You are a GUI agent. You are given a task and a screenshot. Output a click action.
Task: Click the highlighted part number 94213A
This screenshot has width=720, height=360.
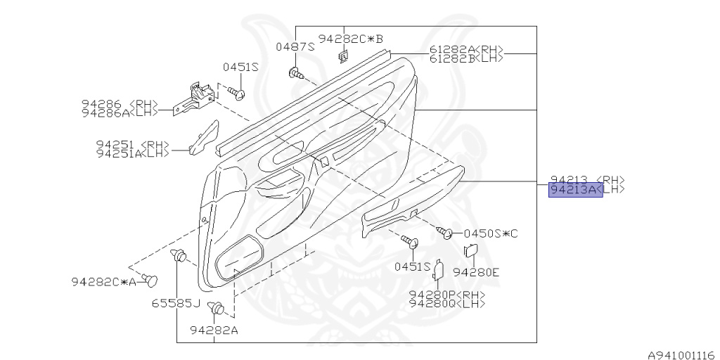pyautogui.click(x=575, y=190)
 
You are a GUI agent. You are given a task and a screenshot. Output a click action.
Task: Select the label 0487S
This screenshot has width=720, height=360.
pyautogui.click(x=295, y=47)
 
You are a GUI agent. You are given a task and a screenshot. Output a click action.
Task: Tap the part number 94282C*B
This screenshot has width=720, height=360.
pyautogui.click(x=350, y=39)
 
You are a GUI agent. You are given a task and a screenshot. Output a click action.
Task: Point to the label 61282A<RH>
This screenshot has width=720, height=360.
pyautogui.click(x=466, y=50)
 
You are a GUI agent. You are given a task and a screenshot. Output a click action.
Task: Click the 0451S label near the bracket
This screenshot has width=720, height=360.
pyautogui.click(x=241, y=67)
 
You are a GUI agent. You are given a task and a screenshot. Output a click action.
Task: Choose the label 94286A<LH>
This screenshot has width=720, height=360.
pyautogui.click(x=126, y=112)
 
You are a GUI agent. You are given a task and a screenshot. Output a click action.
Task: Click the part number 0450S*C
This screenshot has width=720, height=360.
pyautogui.click(x=491, y=233)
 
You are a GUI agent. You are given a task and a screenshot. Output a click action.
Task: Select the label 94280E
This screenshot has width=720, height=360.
pyautogui.click(x=475, y=272)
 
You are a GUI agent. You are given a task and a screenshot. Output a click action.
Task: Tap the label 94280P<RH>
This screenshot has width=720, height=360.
pyautogui.click(x=447, y=295)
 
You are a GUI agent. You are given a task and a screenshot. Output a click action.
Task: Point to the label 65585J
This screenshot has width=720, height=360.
pyautogui.click(x=176, y=304)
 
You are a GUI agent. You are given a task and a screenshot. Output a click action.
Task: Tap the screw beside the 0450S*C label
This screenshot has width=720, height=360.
pyautogui.click(x=444, y=232)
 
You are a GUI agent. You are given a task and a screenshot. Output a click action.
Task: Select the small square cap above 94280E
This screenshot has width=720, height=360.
pyautogui.click(x=471, y=250)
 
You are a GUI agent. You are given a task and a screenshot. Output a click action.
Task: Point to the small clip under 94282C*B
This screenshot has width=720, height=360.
pyautogui.click(x=343, y=56)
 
